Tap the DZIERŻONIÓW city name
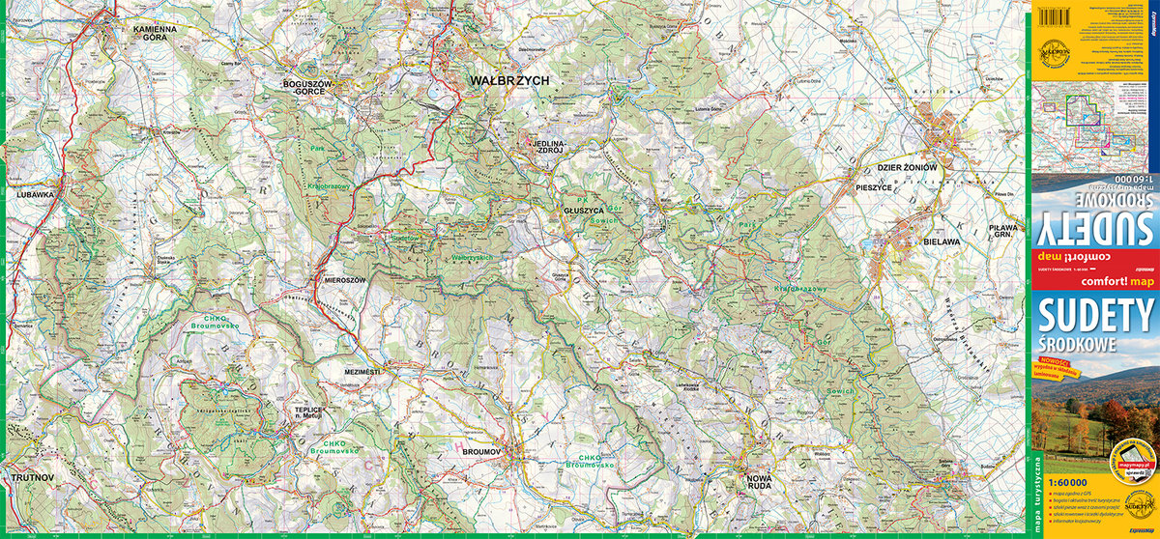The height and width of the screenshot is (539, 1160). click(909, 167)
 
